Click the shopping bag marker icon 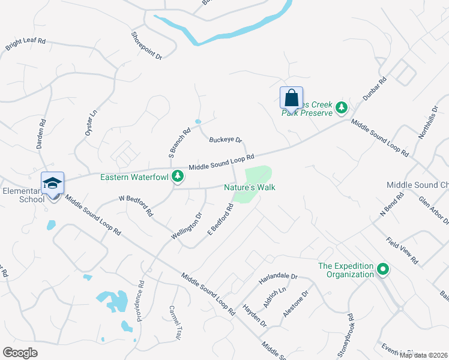click(x=291, y=98)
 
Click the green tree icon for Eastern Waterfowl click(x=177, y=176)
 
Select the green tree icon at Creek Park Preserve click(x=342, y=108)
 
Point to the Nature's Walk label click(x=249, y=187)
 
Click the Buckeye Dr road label click(x=225, y=140)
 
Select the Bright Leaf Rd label click(x=26, y=45)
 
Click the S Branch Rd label click(x=179, y=143)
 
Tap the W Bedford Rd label click(x=136, y=205)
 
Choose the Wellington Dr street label click(x=187, y=226)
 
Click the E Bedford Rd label click(x=220, y=220)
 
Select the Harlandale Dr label click(x=279, y=278)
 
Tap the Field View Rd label click(x=402, y=251)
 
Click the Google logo click(x=20, y=352)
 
